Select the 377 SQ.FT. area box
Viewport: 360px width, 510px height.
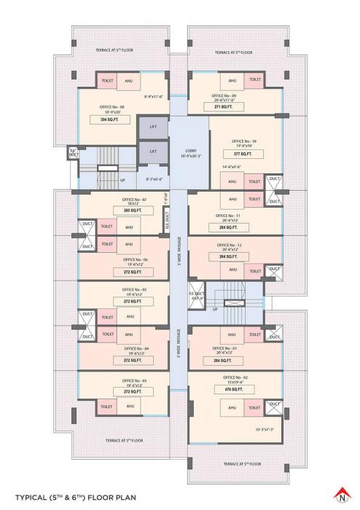tap(241, 154)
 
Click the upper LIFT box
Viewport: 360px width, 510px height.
tap(152, 127)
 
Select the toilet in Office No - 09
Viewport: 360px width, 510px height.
tap(255, 80)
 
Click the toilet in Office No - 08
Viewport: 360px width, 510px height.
tap(106, 81)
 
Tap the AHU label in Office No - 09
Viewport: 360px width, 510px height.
tap(232, 80)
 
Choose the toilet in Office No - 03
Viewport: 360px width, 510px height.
tap(107, 406)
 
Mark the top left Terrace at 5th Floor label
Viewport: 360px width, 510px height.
tap(114, 51)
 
